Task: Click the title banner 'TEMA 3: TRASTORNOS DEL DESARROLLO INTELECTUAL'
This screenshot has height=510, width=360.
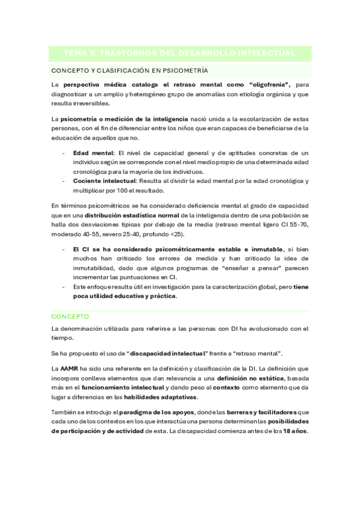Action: pyautogui.click(x=180, y=54)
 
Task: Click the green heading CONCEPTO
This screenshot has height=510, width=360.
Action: pyautogui.click(x=70, y=316)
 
